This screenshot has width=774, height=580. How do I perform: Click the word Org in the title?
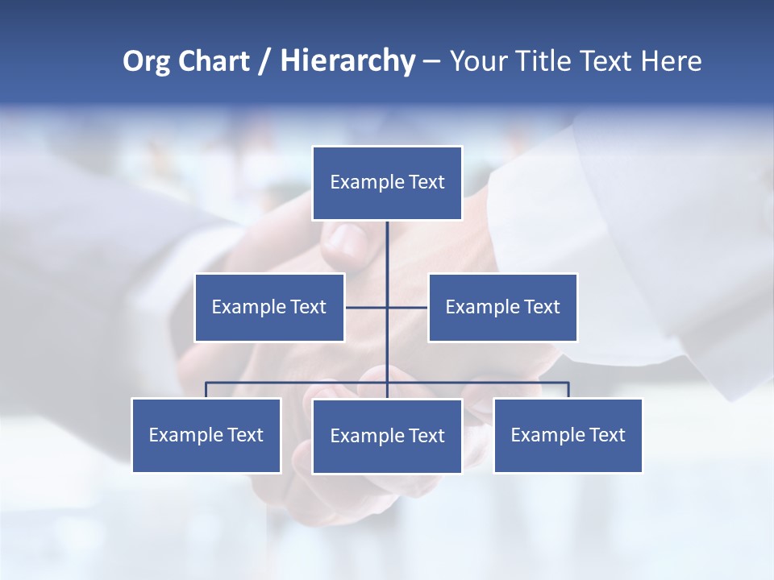[147, 61]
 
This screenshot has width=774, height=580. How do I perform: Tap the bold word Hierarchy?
[347, 61]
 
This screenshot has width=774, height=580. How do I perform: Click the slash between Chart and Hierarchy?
[264, 62]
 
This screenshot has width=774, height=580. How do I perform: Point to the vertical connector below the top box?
[387, 258]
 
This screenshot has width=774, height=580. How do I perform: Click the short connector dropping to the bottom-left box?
[206, 390]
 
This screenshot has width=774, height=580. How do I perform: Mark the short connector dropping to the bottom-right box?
[568, 390]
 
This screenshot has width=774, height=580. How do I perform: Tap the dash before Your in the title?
[431, 62]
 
